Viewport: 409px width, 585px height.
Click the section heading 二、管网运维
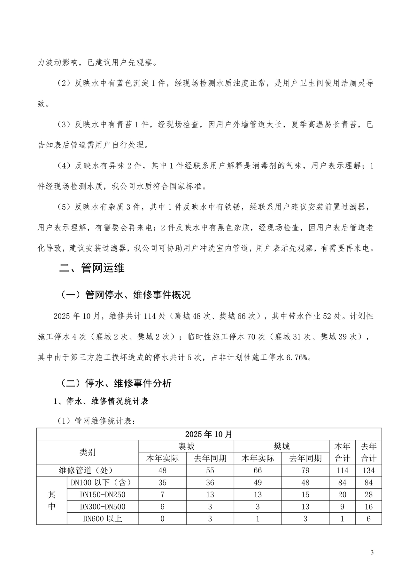[92, 268]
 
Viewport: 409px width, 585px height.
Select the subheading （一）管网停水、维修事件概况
[125, 295]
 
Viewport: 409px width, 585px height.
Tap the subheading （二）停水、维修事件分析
[115, 383]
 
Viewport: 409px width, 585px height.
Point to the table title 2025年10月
[209, 434]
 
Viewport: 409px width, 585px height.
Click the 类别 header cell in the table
[87, 452]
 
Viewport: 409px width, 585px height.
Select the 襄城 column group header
[186, 446]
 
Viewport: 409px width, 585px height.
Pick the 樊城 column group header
[282, 446]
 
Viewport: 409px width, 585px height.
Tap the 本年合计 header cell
[342, 452]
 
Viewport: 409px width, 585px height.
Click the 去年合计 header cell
[368, 452]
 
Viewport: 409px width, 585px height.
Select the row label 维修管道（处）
[87, 470]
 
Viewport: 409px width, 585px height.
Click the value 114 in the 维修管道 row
[342, 470]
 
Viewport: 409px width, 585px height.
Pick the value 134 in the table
[368, 470]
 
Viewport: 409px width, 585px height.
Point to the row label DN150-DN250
[103, 495]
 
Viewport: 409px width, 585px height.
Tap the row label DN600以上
[103, 519]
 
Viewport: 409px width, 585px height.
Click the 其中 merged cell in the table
[51, 501]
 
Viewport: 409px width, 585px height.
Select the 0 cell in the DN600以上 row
[162, 519]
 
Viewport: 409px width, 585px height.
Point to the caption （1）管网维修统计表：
[96, 421]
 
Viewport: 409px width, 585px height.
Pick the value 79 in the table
[305, 470]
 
